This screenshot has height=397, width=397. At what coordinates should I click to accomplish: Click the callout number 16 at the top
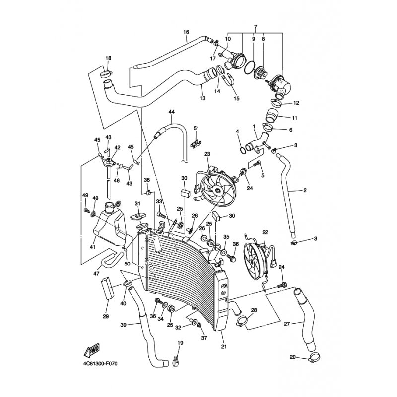tap(186, 32)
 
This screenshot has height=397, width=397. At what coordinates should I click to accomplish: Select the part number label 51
tap(196, 128)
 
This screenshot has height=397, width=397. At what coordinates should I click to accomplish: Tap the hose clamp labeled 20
tap(314, 356)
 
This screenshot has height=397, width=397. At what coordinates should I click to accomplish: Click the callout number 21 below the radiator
tap(224, 346)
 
